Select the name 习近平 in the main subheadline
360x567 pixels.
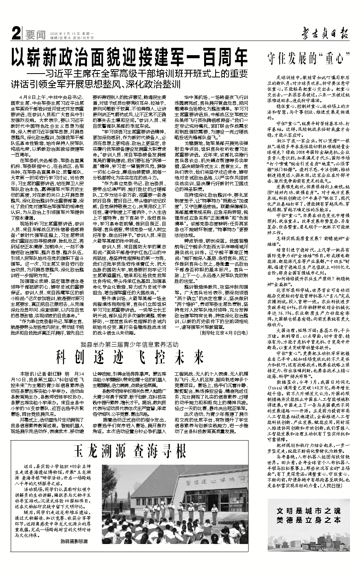[63, 73]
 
